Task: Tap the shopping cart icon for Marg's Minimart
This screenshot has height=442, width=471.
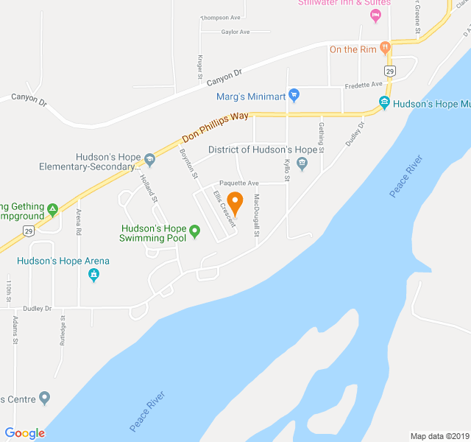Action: coord(294,95)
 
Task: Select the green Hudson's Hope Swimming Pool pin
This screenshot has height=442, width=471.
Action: coord(194,231)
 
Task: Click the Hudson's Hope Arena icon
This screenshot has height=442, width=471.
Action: coord(93,276)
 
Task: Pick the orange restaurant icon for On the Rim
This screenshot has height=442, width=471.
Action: coord(385,49)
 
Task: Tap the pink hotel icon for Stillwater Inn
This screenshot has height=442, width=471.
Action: coord(376,15)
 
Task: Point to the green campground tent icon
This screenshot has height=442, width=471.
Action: coord(52,210)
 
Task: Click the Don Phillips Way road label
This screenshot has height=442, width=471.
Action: coord(215,126)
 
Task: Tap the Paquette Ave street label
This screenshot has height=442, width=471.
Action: coord(238,183)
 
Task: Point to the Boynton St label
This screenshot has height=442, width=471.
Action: coord(188,164)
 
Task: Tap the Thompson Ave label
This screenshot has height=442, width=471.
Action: coord(221,18)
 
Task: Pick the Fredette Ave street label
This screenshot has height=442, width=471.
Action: coord(366,84)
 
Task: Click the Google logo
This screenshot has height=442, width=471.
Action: coord(24,433)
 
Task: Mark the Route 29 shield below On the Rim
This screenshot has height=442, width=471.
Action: coord(390,71)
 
